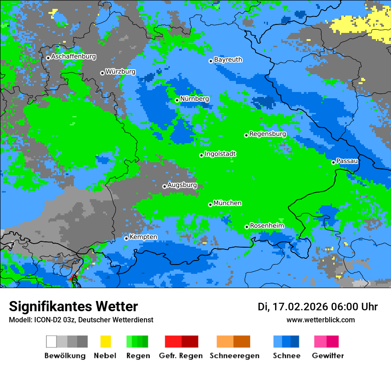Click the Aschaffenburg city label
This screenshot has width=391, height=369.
[73, 57]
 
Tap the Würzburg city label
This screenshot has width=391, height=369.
[120, 72]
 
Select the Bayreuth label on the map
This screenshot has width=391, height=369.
[228, 60]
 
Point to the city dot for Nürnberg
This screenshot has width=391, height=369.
[177, 100]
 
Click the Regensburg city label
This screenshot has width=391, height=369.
[267, 134]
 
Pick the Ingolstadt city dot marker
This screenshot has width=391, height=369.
[201, 155]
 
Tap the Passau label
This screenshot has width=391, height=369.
[347, 161]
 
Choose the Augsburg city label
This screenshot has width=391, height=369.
[182, 185]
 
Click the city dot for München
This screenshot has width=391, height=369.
[210, 205]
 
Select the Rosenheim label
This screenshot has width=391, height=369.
[267, 226]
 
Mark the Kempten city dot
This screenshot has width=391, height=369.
[126, 238]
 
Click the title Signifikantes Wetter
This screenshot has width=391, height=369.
[73, 306]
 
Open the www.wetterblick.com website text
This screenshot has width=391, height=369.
[320, 320]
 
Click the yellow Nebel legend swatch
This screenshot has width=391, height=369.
[105, 341]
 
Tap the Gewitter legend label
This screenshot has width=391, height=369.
[327, 356]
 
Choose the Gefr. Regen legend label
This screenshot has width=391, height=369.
[181, 356]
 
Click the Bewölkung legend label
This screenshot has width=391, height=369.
[65, 356]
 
